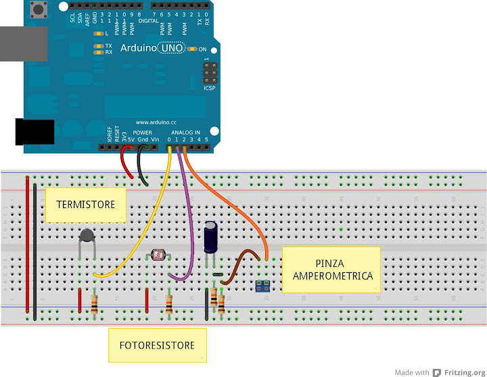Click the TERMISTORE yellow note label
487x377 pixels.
click(86, 205)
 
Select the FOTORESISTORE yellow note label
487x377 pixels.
click(158, 345)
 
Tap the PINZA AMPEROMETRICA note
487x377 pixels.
click(331, 269)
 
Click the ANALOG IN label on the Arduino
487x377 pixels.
click(185, 132)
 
